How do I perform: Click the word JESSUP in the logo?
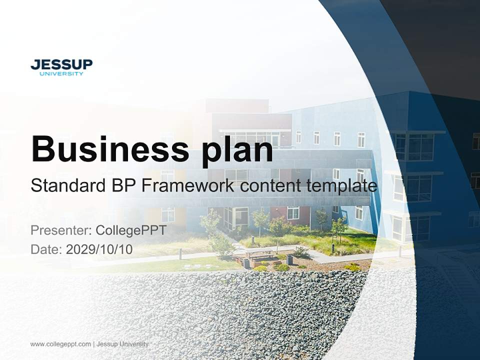tap(61, 64)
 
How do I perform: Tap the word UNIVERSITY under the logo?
tap(61, 74)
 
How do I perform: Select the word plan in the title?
tap(237, 151)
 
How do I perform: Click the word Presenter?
tap(61, 230)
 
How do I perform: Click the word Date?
tap(46, 249)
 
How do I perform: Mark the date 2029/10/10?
tap(99, 249)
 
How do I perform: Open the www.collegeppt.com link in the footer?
tap(60, 344)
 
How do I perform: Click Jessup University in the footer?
tap(122, 344)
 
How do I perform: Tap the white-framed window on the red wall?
tap(293, 213)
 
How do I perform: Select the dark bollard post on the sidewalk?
tap(180, 254)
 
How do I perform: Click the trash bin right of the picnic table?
tap(289, 260)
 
